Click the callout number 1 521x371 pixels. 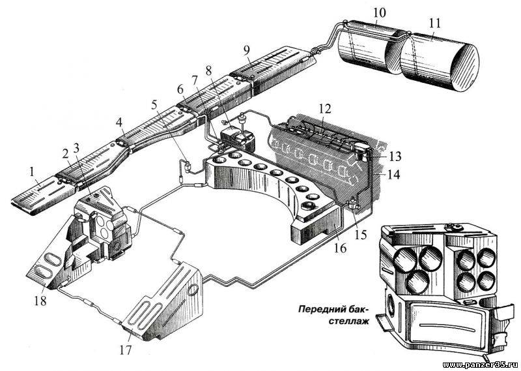pyautogui.click(x=32, y=172)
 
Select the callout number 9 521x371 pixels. pyautogui.click(x=246, y=51)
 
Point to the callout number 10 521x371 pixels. pyautogui.click(x=379, y=13)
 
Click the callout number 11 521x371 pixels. pyautogui.click(x=434, y=23)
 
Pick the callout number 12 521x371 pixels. pyautogui.click(x=325, y=109)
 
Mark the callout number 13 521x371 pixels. pyautogui.click(x=395, y=156)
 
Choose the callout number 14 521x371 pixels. pyautogui.click(x=393, y=174)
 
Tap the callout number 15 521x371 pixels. pyautogui.click(x=360, y=235)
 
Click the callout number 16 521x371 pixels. pyautogui.click(x=341, y=248)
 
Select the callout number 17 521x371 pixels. pyautogui.click(x=126, y=349)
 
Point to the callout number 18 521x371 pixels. pyautogui.click(x=40, y=301)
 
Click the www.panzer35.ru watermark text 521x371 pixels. pyautogui.click(x=481, y=365)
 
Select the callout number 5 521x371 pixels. pyautogui.click(x=154, y=104)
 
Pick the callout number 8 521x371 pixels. pyautogui.click(x=208, y=71)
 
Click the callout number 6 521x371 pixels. pyautogui.click(x=180, y=89)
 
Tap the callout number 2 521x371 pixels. pyautogui.click(x=65, y=153)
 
